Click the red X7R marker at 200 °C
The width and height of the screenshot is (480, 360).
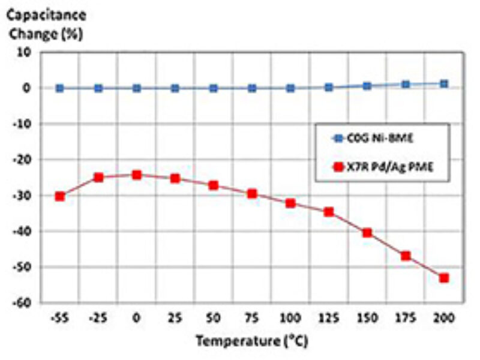(x=444, y=278)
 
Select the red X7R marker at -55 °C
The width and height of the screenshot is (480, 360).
(x=59, y=196)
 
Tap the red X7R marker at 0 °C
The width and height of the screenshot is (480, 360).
(x=136, y=175)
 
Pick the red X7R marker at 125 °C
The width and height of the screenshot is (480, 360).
(x=329, y=212)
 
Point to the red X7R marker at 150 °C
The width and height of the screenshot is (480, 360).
(x=367, y=233)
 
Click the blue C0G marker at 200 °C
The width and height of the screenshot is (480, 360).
(x=444, y=84)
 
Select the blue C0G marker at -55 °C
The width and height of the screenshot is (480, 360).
(x=59, y=88)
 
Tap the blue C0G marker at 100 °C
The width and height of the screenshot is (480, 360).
(x=290, y=88)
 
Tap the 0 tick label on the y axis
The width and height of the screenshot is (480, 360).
(x=27, y=88)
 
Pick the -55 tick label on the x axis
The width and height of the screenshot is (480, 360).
(x=59, y=317)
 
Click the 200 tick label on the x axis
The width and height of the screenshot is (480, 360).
(x=444, y=317)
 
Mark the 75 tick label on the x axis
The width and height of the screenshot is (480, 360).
(x=251, y=317)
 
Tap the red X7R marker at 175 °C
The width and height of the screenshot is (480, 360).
(x=406, y=256)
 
